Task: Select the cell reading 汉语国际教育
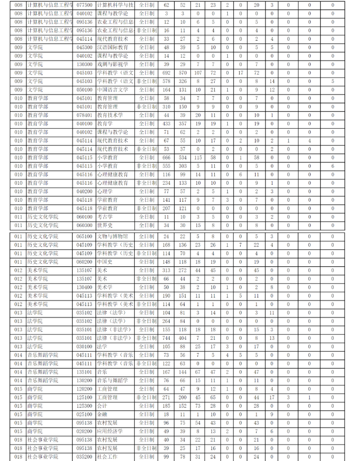coord(112,47)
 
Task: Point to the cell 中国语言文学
coord(112,90)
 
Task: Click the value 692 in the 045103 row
coord(166,73)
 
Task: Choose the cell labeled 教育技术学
coord(110,115)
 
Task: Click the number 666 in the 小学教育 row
coord(166,157)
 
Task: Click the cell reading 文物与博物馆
coord(112,236)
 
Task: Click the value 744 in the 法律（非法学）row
coord(166,338)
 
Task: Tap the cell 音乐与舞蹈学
coord(112,381)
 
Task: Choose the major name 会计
coord(101,406)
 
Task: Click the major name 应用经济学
coord(110,432)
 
